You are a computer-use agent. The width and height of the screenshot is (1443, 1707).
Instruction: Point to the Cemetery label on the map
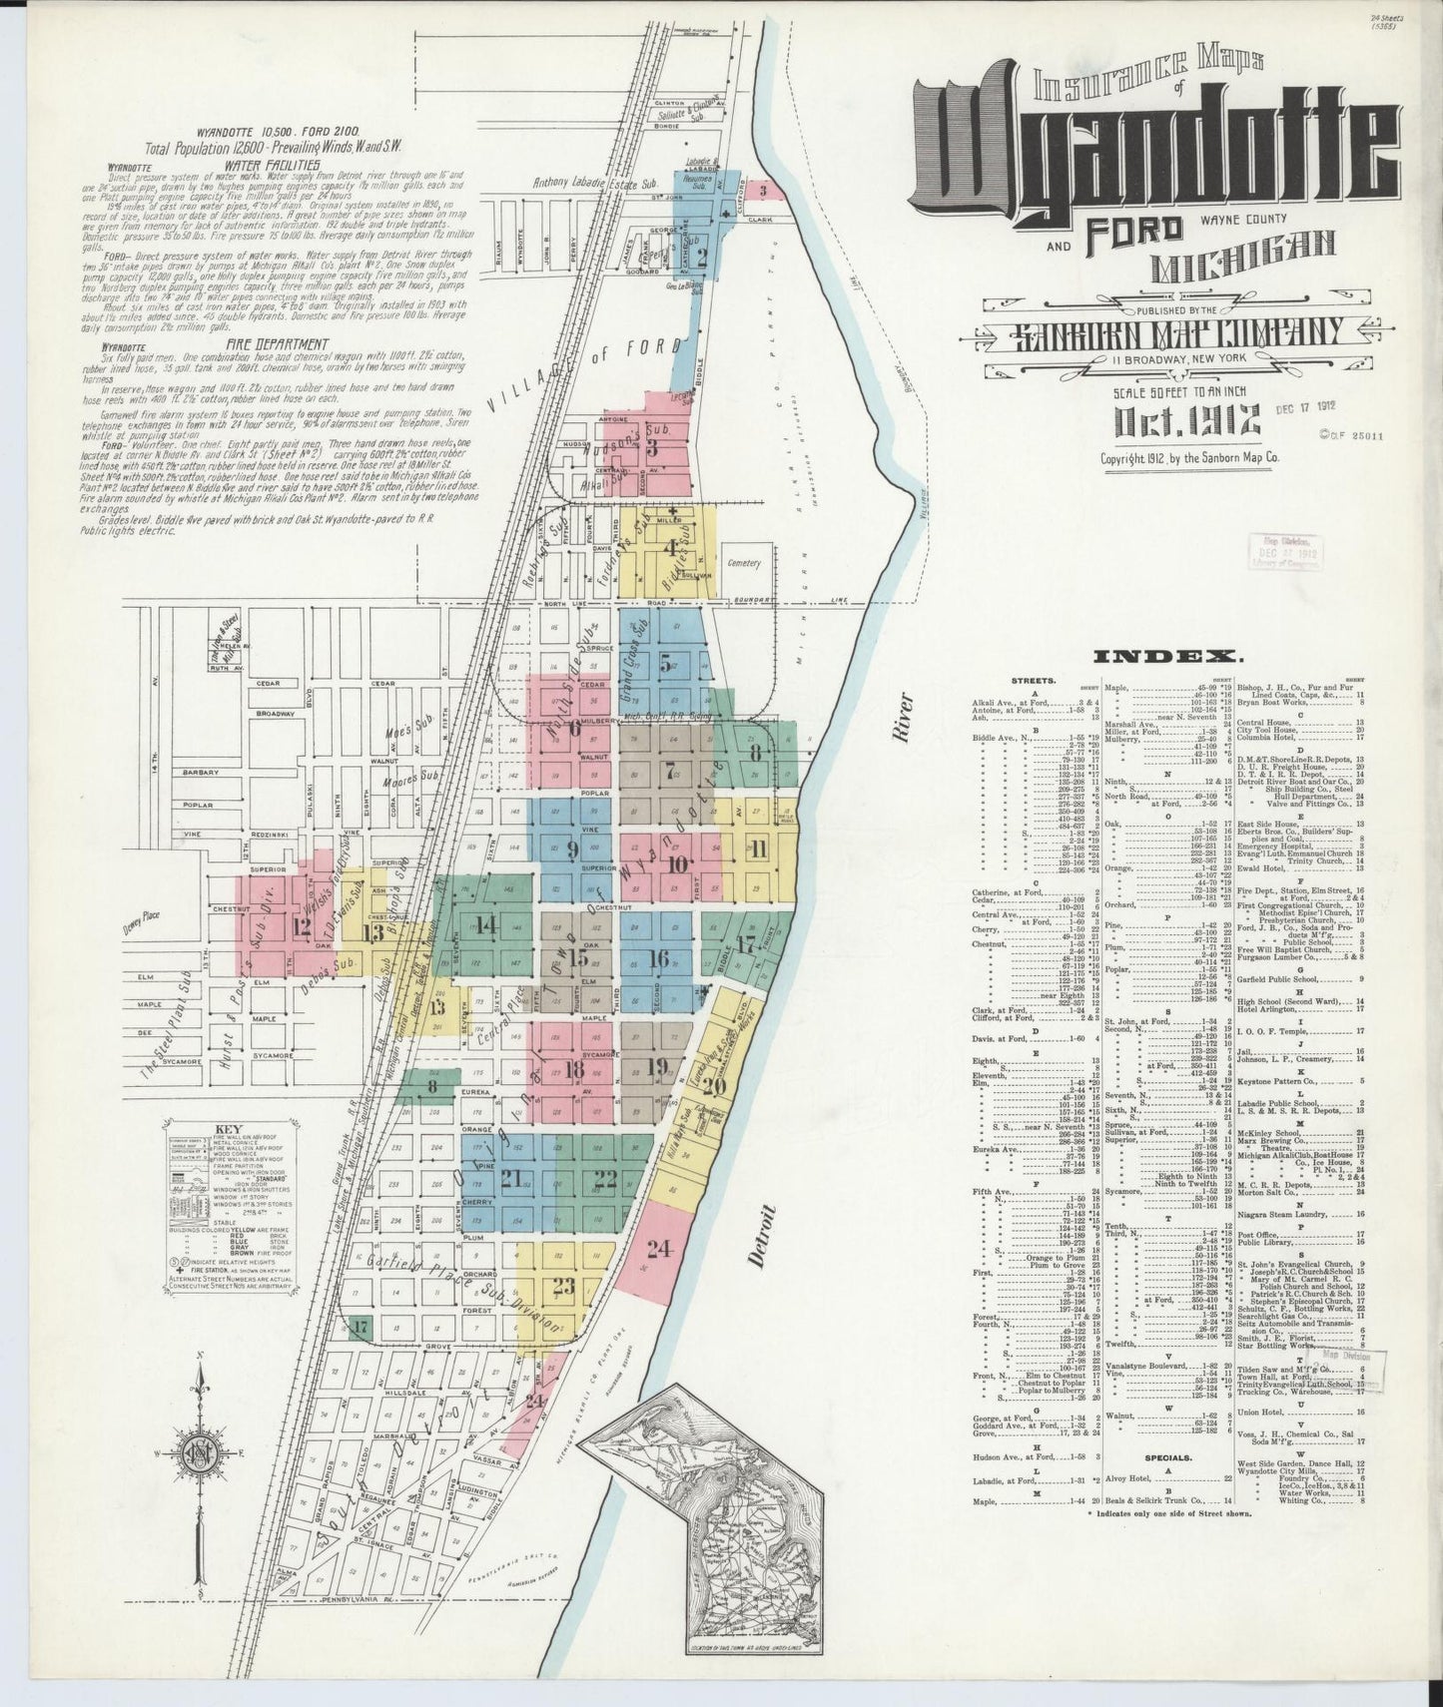[x=745, y=563]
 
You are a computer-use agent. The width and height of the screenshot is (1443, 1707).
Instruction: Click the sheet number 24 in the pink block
[x=658, y=1248]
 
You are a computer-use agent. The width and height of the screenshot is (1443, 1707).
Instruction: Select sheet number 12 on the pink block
[x=302, y=926]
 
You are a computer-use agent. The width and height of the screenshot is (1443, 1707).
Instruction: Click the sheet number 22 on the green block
[x=604, y=1178]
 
